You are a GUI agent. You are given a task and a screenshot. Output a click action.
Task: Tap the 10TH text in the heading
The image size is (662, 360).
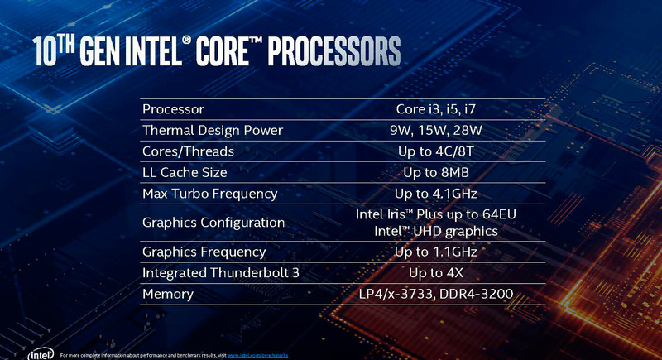tap(61, 51)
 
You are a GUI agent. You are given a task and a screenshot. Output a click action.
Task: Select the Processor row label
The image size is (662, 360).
tap(173, 109)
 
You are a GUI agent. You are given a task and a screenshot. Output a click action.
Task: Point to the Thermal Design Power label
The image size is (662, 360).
tap(213, 131)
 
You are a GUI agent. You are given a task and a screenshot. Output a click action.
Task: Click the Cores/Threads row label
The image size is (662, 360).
tap(188, 151)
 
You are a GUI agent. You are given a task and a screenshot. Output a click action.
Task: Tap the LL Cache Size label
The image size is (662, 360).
tap(185, 173)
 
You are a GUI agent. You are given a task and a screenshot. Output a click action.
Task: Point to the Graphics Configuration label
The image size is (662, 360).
tap(213, 223)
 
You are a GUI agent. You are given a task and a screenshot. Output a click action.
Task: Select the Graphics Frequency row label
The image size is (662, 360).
tap(204, 252)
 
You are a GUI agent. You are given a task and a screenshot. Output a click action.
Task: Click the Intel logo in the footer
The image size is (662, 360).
tap(38, 354)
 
